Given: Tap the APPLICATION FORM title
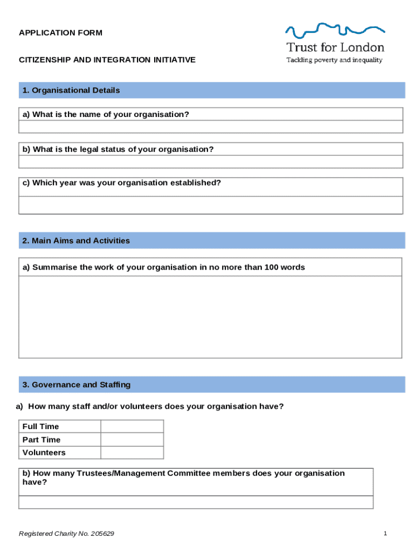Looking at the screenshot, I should coord(60,33).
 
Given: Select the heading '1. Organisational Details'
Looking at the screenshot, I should coord(71,91).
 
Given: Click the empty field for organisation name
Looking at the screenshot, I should coord(210,127).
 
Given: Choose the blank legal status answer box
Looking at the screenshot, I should coord(210,162).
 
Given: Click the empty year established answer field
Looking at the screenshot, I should coord(210,205).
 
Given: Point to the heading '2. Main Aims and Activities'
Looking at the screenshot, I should coord(76,240).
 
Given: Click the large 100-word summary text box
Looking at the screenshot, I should coord(210,317).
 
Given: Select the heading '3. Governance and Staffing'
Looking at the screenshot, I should coord(77,385).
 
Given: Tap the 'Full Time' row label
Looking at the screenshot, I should coord(41,426).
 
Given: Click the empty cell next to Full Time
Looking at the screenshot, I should coord(132,426).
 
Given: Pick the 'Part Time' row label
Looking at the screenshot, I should coord(41,440).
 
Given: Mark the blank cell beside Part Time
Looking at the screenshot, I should coord(132,440).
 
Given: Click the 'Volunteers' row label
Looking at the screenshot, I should coord(44,453).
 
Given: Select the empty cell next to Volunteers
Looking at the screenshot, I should coord(132,453).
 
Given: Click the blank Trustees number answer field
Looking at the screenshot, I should coord(196,502).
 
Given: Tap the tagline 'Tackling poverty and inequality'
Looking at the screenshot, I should coord(334,60).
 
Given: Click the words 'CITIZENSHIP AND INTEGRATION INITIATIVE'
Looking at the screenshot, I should coord(107,60).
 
